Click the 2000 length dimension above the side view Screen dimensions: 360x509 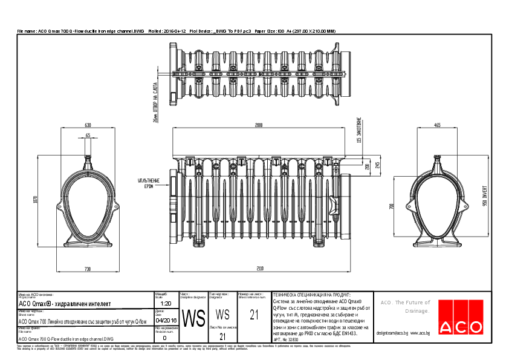[x=259, y=125]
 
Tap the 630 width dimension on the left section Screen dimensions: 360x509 [x=88, y=125]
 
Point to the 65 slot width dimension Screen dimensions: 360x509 [x=88, y=136]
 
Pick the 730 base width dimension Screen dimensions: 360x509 [x=88, y=267]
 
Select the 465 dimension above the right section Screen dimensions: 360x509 [x=436, y=125]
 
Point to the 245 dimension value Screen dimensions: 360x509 [x=377, y=165]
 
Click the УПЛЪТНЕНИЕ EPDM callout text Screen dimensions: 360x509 [x=148, y=183]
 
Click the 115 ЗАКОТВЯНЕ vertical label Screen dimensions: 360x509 [x=359, y=131]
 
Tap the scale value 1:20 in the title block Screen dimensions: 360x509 [x=166, y=303]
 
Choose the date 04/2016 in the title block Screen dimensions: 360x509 [x=166, y=321]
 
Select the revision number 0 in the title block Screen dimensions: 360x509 [x=164, y=338]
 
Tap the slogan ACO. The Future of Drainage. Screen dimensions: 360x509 [x=404, y=306]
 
